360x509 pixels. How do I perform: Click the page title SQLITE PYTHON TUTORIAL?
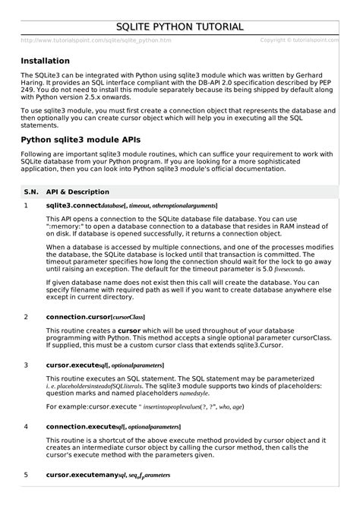pos(180,27)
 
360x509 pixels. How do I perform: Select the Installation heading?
pos(46,61)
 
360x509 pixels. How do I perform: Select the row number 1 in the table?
pos(27,206)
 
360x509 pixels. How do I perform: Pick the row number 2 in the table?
pos(27,316)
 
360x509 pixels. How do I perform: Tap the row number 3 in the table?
pos(27,365)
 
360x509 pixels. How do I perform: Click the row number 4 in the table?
pos(27,426)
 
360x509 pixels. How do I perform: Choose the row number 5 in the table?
pos(27,475)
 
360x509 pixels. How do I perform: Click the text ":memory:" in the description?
pos(67,227)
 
